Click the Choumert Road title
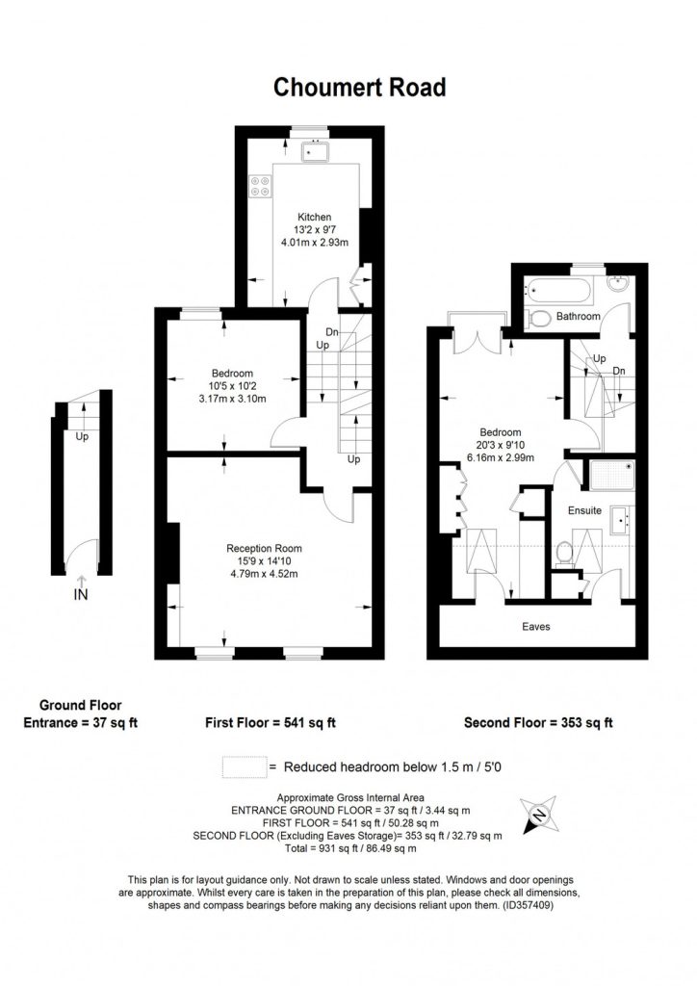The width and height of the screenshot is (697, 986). coord(359,88)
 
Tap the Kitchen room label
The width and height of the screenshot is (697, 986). coord(314,217)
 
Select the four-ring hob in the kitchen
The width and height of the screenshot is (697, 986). coord(260,186)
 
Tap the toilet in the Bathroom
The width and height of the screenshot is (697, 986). coord(538,319)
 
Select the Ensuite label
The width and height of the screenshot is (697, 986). coord(584,510)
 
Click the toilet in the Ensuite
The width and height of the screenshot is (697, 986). coord(563,554)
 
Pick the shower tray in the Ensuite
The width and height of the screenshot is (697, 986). coord(612,476)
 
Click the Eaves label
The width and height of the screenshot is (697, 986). coord(536,626)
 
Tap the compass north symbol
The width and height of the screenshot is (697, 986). coord(538,817)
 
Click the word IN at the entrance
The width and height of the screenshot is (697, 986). coord(81,594)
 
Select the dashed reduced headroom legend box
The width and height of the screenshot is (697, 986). coord(245,767)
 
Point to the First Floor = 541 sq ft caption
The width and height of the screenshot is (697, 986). coord(271,723)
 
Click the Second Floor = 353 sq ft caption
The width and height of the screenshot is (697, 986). coord(538,723)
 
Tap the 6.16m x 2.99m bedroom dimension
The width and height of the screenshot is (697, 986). coord(501,457)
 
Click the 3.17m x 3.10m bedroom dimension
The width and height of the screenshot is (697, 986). coord(233,399)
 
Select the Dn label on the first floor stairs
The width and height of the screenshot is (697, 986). coord(332,332)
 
